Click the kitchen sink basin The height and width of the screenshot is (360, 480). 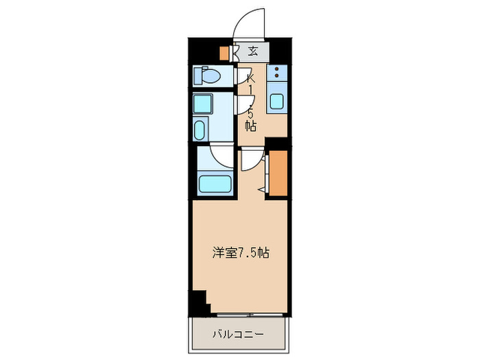pos(277,101)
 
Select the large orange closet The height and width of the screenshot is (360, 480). pos(278,173)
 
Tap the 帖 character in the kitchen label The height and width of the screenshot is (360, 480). pos(250,126)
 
